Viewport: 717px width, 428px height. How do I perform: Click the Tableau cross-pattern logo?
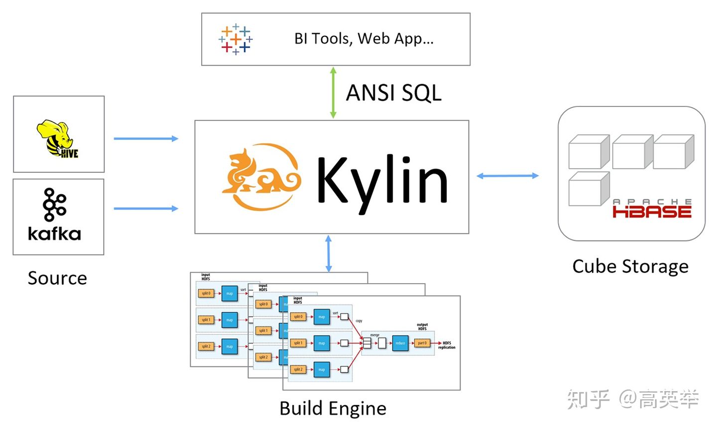[236, 39]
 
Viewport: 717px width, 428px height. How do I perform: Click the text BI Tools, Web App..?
[363, 39]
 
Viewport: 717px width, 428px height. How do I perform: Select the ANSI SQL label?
[393, 93]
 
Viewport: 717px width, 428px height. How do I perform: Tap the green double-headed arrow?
[333, 93]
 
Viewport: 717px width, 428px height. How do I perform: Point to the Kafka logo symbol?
[54, 204]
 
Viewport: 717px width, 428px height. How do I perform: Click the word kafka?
[54, 234]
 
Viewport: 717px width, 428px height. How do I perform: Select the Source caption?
[57, 278]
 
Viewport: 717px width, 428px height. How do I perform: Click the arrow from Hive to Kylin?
[146, 138]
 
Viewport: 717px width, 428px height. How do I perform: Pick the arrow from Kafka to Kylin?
[146, 209]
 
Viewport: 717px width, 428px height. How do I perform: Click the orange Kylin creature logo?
[260, 177]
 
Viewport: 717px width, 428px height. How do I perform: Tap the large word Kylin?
[382, 180]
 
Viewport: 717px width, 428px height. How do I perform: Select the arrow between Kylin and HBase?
[507, 176]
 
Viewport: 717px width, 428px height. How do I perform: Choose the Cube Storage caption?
[630, 267]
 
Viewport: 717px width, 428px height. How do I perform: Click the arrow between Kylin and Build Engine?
[329, 254]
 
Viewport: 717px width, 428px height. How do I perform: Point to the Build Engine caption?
[333, 409]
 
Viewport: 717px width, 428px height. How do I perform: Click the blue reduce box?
[400, 343]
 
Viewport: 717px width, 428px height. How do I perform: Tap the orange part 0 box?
[422, 343]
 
